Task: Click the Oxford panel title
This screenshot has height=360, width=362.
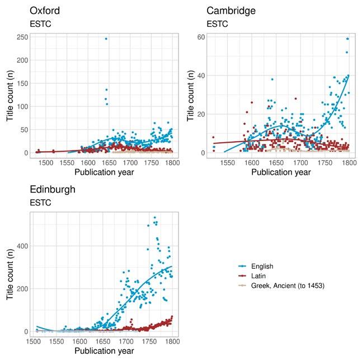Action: coord(45,11)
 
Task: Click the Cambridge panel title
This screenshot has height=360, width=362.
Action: coord(231,11)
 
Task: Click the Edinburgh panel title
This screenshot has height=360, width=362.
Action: coord(53,189)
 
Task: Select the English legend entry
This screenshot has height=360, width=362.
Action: coord(262,266)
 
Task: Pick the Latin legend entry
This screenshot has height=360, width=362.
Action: coord(258,276)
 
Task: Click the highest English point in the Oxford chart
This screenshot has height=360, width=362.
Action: coord(106,39)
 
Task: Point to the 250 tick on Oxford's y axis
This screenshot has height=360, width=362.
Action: coord(22,37)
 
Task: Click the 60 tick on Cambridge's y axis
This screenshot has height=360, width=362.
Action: coord(201,37)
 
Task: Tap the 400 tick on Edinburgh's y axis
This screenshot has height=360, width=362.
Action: coord(22,246)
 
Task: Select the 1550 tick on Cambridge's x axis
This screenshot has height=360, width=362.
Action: coord(227,163)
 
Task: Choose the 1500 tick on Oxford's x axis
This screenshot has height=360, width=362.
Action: coord(46,163)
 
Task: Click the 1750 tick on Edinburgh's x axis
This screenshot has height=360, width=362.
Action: coord(149,342)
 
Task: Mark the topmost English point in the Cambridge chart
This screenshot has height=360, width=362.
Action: coord(347,39)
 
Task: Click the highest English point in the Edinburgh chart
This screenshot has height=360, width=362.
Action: coord(154,217)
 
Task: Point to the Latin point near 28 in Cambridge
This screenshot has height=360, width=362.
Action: coord(295,99)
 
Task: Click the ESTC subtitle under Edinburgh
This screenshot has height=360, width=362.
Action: coord(40,203)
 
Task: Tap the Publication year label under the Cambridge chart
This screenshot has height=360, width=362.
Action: coord(281,172)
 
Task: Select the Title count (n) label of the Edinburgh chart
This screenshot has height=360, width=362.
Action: coord(10,274)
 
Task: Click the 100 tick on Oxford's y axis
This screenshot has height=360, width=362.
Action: coord(22,106)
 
